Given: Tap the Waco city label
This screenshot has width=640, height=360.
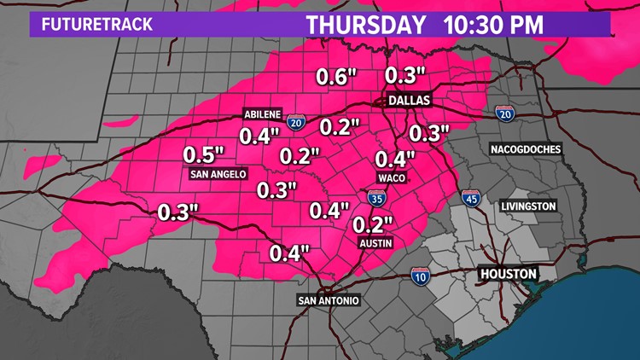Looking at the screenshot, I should tap(391, 178).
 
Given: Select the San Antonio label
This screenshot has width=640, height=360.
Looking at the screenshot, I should tap(329, 300).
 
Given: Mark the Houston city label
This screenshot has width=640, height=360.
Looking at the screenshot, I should tap(507, 274).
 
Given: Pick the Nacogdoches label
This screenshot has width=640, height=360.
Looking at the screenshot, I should tap(526, 149).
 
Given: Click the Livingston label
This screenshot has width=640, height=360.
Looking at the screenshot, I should tap(528, 206).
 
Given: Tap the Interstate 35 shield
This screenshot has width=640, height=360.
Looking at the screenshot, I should tap(376, 198).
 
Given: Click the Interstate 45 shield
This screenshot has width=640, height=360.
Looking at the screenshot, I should tap(470, 198).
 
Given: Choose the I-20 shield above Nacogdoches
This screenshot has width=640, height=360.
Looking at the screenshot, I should tap(504, 113).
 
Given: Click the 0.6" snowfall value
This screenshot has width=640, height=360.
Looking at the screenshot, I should tap(335, 76).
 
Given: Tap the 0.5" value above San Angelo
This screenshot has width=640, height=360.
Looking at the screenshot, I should tap(204, 155).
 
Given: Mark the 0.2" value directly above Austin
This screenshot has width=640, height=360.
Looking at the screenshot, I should tap(372, 224).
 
